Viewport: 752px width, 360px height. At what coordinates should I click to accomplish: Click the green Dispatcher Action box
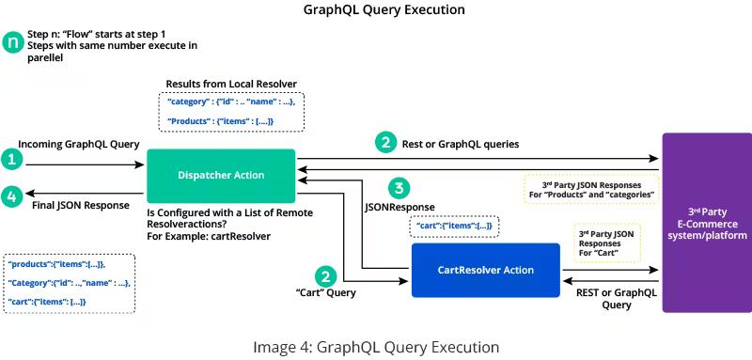coord(221,176)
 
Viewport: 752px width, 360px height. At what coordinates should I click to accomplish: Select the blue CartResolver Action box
coord(485,271)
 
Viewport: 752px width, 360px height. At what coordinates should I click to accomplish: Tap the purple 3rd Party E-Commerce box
coord(706,222)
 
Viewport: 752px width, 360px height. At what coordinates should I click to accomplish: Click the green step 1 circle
coord(11,160)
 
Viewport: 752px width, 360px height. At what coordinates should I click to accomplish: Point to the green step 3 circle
coord(400,188)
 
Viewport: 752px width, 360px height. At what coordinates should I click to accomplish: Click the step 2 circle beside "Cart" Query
coord(325,276)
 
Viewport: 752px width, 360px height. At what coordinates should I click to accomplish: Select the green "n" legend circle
coord(12,42)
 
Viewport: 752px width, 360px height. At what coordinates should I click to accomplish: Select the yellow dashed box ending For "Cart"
coord(607,243)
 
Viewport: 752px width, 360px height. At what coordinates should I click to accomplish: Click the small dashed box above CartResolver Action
coord(455,227)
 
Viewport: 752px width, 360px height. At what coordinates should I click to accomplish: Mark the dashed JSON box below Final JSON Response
coord(69,282)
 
